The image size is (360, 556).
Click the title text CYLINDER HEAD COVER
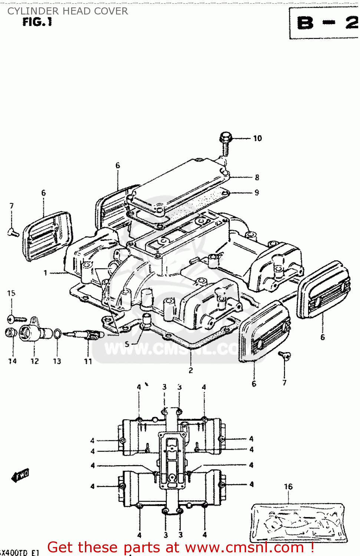(67, 11)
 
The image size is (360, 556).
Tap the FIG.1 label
(37, 22)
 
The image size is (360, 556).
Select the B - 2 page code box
(325, 23)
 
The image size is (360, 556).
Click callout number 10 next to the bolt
(257, 138)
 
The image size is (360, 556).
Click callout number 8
(257, 177)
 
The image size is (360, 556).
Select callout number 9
(257, 192)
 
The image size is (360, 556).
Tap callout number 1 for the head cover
(45, 273)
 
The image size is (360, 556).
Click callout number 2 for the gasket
(191, 370)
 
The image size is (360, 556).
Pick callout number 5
(127, 344)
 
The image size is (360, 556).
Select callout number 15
(11, 293)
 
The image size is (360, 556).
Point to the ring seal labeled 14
(11, 332)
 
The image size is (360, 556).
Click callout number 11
(88, 361)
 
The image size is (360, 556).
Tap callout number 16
(288, 486)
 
